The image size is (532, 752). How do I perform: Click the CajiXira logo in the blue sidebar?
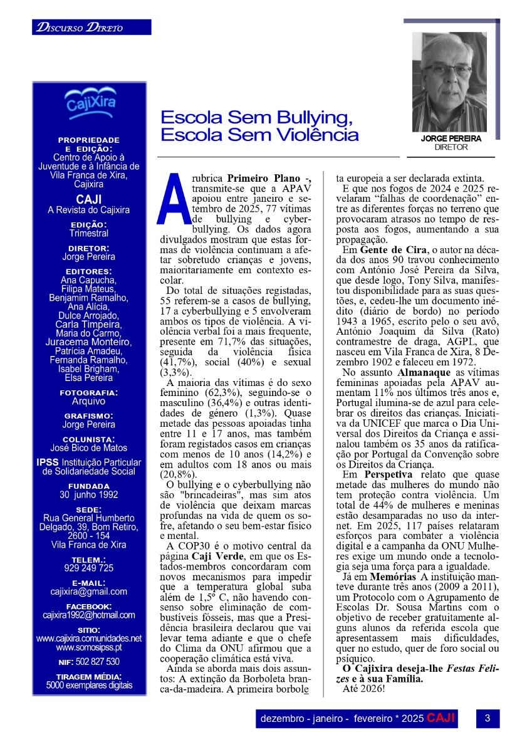[x=90, y=102]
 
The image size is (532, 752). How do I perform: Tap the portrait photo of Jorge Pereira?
[x=449, y=81]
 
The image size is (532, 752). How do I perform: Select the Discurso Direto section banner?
[x=91, y=28]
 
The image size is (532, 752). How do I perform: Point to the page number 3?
[x=487, y=718]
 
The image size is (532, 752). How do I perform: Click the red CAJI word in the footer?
[x=441, y=718]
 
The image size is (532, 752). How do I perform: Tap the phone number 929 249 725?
[x=89, y=568]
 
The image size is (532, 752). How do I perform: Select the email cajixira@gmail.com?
[x=89, y=591]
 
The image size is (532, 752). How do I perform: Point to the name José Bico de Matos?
[x=89, y=447]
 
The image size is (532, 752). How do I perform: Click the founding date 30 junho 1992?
[x=89, y=494]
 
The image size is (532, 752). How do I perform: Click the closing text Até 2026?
[x=364, y=689]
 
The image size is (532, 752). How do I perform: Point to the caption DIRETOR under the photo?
[x=451, y=147]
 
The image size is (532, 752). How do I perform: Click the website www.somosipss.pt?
[x=89, y=647]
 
